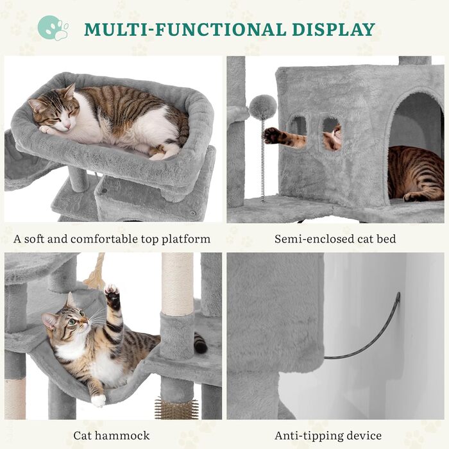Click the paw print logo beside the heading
(53, 28)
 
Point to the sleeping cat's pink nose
(67, 126)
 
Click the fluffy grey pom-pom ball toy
(262, 107)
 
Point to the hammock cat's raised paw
(112, 296)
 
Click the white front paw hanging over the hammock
(98, 400)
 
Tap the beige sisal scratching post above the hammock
(177, 284)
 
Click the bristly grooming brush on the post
(176, 408)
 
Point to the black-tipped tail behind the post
(200, 343)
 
